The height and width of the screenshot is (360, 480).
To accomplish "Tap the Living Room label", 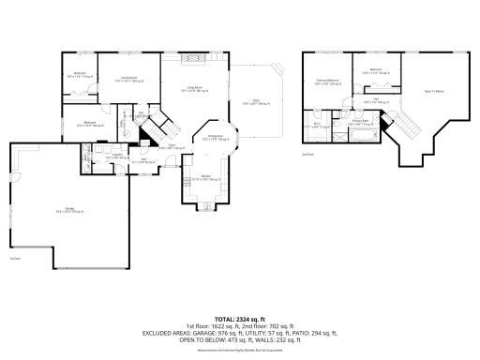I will coord(192,89).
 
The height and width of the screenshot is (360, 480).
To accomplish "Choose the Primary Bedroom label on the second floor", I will coord(328,82).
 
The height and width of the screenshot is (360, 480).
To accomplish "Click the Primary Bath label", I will coord(362,122).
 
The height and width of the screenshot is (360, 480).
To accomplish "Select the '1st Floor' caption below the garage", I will coord(15,257).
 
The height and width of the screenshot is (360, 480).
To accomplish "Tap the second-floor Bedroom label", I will coord(375,70).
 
